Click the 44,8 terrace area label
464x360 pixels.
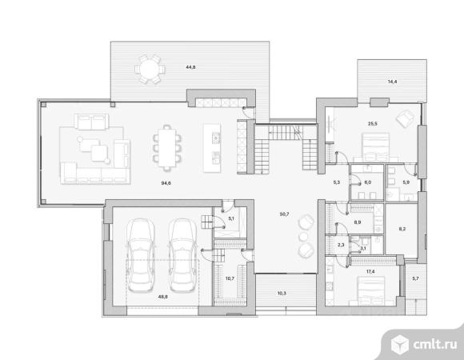[x=190, y=67]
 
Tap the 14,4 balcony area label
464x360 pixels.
[x=392, y=82]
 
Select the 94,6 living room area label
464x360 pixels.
[x=166, y=183]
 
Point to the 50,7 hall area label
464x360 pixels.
[x=284, y=214]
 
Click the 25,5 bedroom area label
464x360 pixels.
[x=373, y=124]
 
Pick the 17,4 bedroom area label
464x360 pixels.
[x=370, y=271]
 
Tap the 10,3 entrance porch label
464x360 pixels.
[x=282, y=294]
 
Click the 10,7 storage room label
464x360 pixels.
[x=230, y=278]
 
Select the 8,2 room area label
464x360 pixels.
[x=402, y=228]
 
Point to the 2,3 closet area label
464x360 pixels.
[x=341, y=245]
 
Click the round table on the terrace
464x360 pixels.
[x=150, y=70]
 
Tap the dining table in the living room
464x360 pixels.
[x=167, y=148]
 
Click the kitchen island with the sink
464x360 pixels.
[x=212, y=148]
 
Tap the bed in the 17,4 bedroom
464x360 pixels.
[x=371, y=290]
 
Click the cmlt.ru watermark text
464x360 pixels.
[x=434, y=344]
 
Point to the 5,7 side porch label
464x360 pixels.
[x=415, y=278]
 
